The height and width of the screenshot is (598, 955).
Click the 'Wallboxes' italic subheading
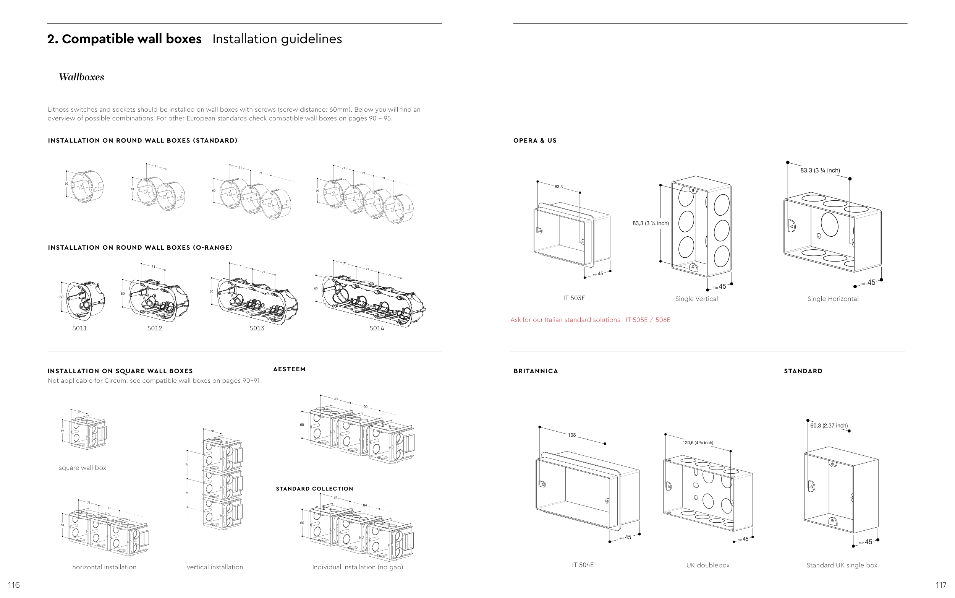[81, 77]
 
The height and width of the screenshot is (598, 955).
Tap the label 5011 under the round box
[79, 328]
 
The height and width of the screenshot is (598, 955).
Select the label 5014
[377, 328]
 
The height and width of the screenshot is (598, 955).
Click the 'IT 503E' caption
[574, 298]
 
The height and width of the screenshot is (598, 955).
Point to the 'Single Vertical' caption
[696, 299]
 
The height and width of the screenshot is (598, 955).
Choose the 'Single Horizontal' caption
[832, 299]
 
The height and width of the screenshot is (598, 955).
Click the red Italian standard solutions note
[590, 320]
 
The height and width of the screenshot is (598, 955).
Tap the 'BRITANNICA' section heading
[536, 371]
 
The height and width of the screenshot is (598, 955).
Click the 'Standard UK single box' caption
[842, 565]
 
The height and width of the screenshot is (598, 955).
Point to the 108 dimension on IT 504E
[572, 435]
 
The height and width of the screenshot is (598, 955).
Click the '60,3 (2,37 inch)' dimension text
[829, 426]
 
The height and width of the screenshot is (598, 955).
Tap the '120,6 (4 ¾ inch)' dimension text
[698, 443]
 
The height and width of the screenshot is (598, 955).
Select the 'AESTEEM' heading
[289, 369]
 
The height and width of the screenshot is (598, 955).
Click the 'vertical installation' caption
[215, 567]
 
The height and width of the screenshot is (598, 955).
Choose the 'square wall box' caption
[82, 468]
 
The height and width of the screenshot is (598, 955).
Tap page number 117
[941, 585]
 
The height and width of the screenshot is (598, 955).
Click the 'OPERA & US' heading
[534, 141]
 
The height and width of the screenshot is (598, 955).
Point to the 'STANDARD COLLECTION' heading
[314, 489]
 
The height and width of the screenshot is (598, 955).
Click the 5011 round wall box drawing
[84, 299]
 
